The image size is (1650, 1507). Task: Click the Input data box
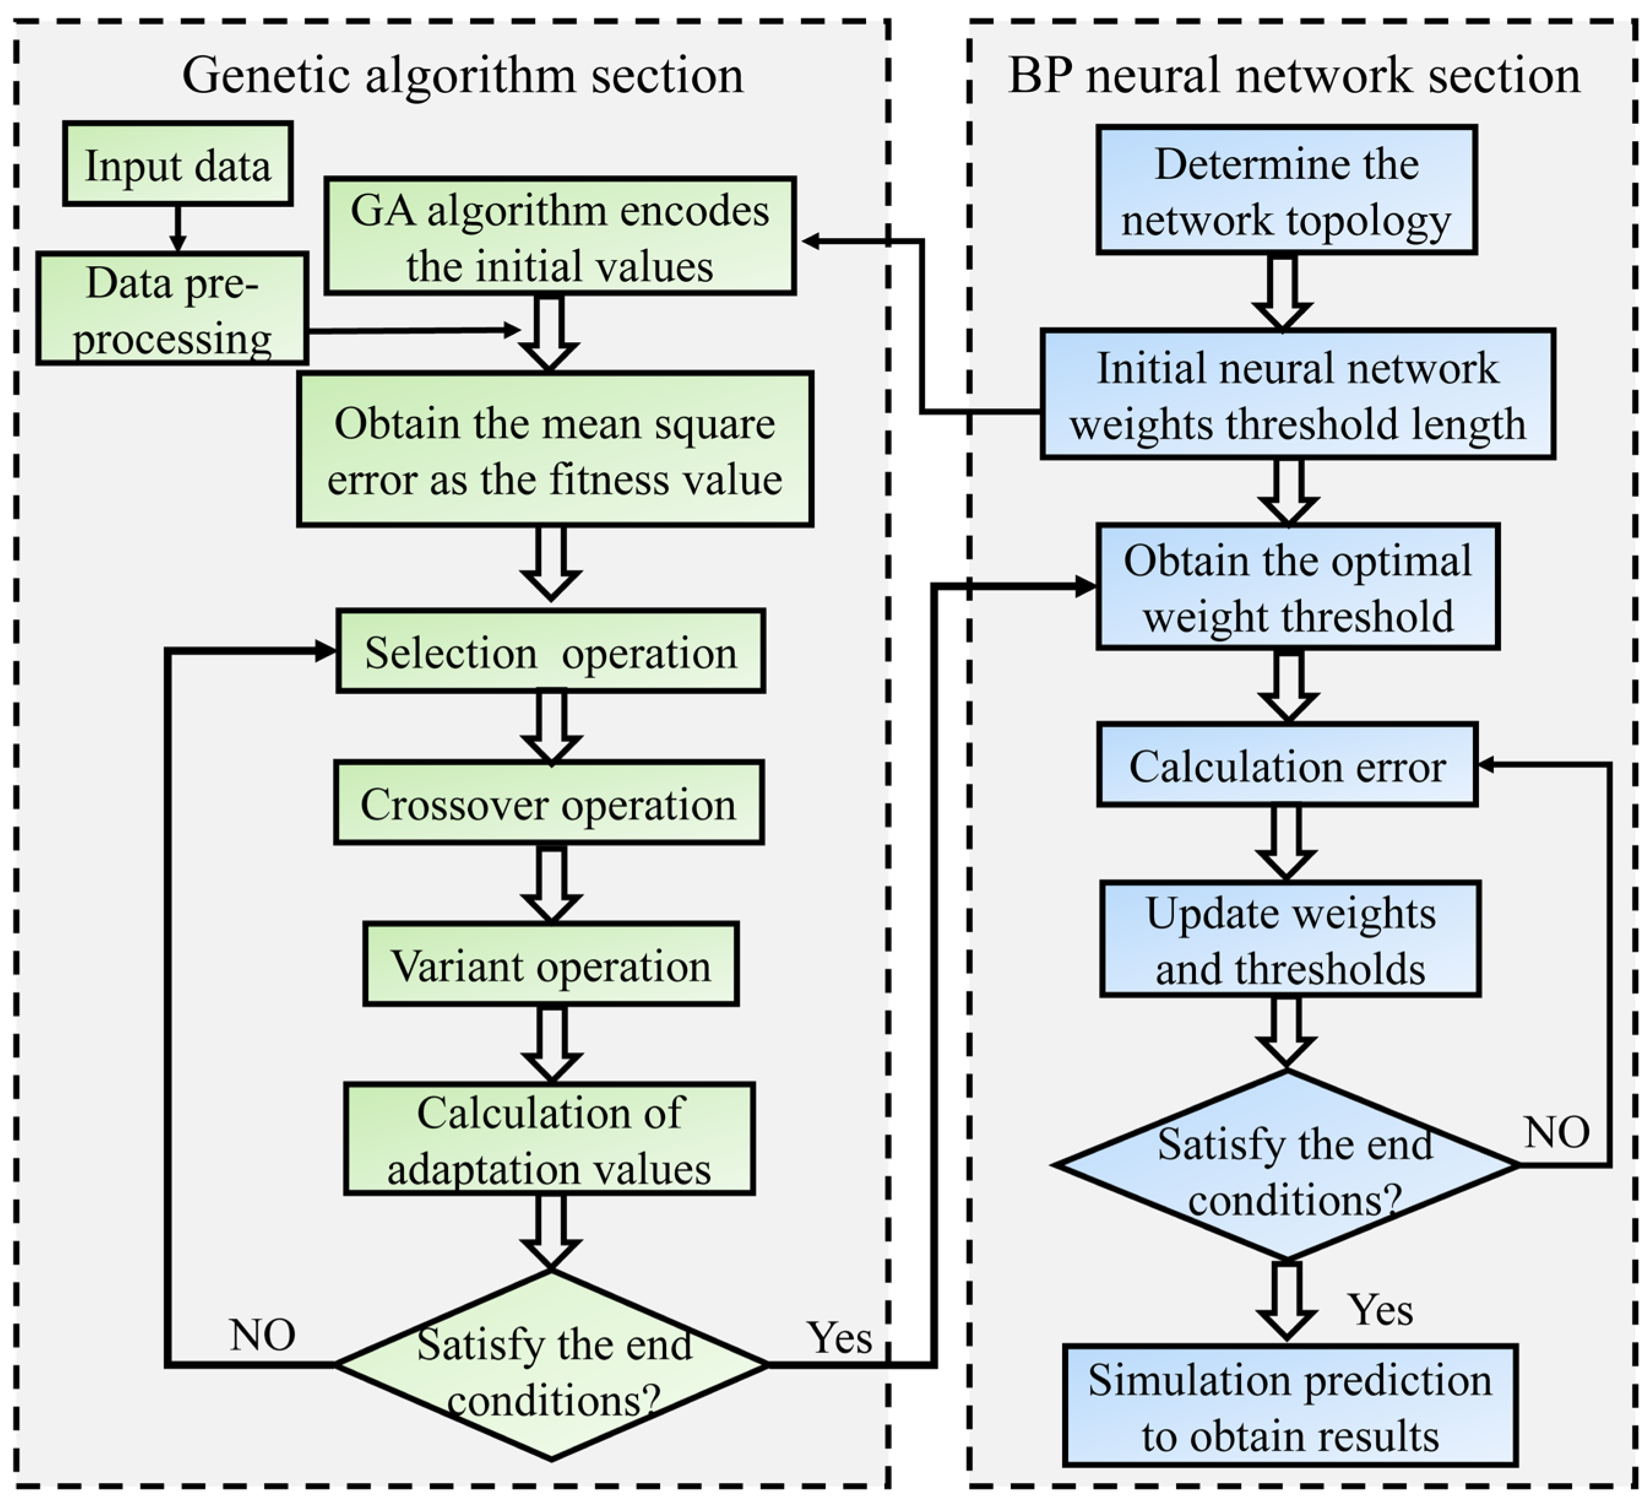(x=178, y=164)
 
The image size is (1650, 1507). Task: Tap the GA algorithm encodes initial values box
(x=560, y=237)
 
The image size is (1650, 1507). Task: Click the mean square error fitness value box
(x=555, y=449)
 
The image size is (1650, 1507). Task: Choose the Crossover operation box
(x=549, y=803)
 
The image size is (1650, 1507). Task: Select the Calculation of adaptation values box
(x=549, y=1140)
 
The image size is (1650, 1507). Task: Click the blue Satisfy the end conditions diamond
(x=1287, y=1166)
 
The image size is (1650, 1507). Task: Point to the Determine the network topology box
(x=1287, y=191)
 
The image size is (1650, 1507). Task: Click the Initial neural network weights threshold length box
(x=1297, y=395)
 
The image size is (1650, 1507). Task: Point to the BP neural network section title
(x=1294, y=76)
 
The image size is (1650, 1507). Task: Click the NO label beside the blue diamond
(x=1556, y=1133)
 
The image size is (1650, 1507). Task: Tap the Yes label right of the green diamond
(x=840, y=1338)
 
